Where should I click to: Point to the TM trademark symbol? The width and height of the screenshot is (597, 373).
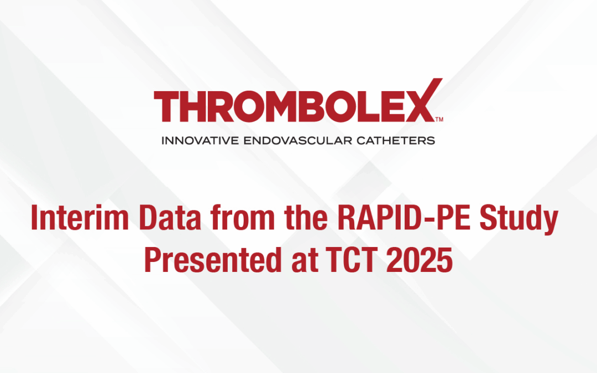click(439, 119)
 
